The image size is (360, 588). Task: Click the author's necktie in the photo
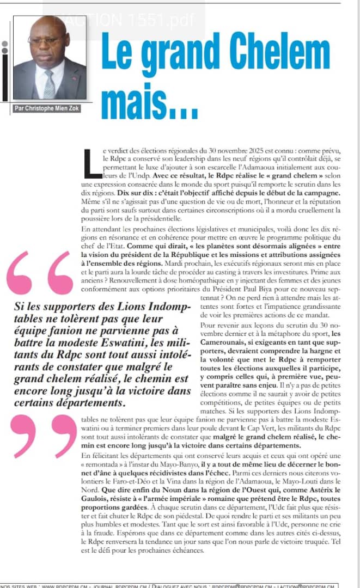coord(50,84)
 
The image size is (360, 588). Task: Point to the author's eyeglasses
coord(46,40)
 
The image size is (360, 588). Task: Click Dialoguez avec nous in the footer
coord(173,585)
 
